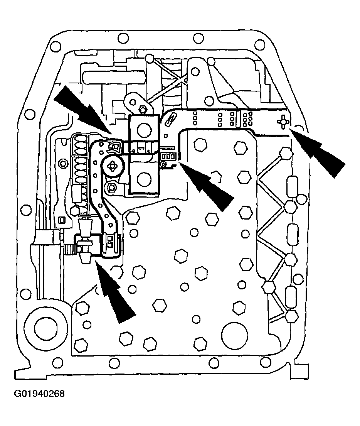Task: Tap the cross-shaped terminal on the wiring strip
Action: click(283, 122)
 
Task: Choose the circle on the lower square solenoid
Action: click(144, 178)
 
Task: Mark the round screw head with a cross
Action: click(113, 166)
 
